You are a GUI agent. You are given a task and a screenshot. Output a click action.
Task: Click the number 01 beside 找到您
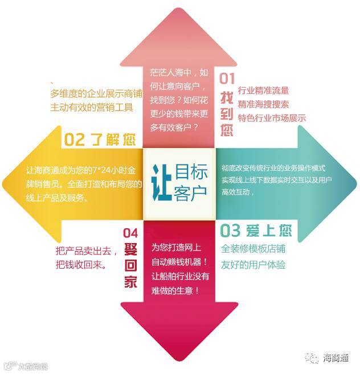pyautogui.click(x=226, y=78)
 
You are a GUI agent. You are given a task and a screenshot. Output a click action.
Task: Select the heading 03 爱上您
pyautogui.click(x=256, y=231)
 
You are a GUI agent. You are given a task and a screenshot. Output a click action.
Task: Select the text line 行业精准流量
pyautogui.click(x=263, y=91)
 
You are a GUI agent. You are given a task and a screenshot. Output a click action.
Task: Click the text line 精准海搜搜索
pyautogui.click(x=263, y=104)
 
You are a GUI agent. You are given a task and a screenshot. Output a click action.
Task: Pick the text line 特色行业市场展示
pyautogui.click(x=272, y=118)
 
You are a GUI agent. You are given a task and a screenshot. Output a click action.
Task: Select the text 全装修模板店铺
pyautogui.click(x=253, y=249)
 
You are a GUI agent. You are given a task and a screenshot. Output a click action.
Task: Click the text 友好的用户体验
pyautogui.click(x=253, y=265)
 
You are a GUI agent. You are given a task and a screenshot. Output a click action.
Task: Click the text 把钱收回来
pyautogui.click(x=81, y=265)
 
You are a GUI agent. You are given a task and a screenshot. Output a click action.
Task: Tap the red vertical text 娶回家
pyautogui.click(x=130, y=266)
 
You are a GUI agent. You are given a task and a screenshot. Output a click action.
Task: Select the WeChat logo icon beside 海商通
pyautogui.click(x=312, y=357)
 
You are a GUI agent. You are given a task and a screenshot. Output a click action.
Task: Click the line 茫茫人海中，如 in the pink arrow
pyautogui.click(x=179, y=73)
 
